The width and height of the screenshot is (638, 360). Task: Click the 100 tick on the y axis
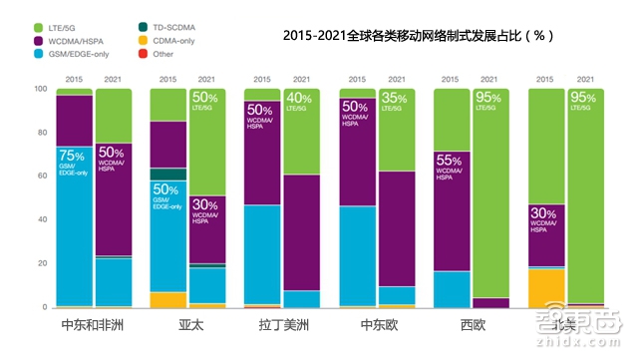41,89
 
